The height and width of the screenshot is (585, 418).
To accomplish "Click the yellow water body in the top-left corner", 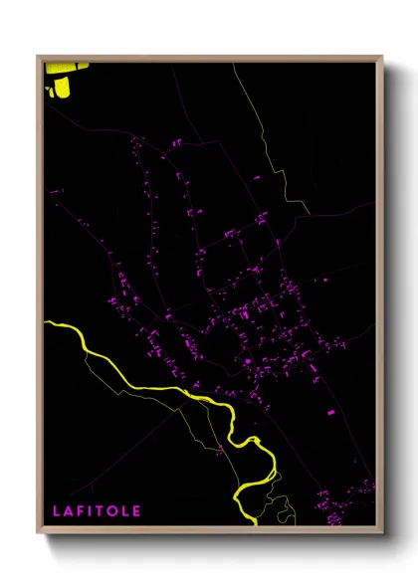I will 60,80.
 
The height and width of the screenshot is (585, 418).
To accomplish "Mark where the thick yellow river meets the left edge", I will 48,323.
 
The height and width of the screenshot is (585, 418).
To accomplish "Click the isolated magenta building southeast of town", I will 331,411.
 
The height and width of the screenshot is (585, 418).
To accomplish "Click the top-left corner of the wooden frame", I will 38,56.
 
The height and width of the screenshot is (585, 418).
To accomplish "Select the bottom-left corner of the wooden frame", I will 38,533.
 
